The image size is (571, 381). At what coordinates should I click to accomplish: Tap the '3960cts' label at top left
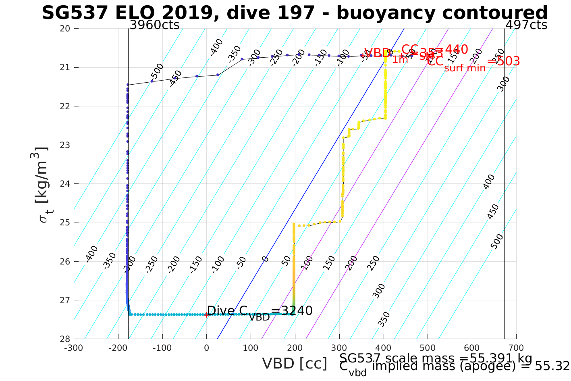click(x=154, y=25)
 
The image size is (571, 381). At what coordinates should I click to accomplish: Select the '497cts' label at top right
click(x=526, y=25)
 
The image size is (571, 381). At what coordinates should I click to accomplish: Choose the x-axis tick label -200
click(x=118, y=348)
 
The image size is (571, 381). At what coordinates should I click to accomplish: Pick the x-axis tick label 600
click(x=472, y=348)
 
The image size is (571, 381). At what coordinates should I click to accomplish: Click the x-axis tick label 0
click(x=206, y=348)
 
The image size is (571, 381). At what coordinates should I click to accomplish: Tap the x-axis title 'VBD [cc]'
click(x=295, y=364)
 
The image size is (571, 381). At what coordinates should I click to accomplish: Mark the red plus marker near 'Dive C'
click(x=206, y=314)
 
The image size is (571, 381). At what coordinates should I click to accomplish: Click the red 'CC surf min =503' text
click(x=473, y=63)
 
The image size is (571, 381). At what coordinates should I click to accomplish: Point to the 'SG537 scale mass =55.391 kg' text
click(x=436, y=358)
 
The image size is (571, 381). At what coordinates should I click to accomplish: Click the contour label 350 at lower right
click(x=384, y=319)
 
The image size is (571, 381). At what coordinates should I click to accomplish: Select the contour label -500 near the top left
click(x=157, y=71)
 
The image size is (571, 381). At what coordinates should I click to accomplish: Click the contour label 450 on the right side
click(x=492, y=212)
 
